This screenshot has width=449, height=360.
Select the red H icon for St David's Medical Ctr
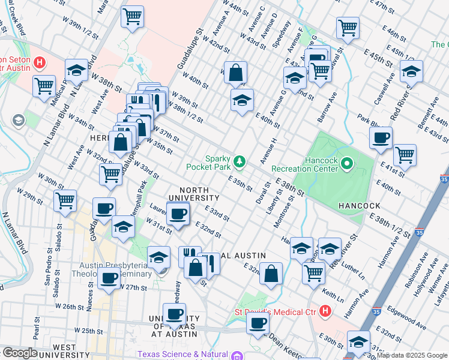[x=325, y=311]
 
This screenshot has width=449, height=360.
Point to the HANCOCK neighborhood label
[x=360, y=205]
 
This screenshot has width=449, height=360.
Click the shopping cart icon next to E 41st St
[x=405, y=155]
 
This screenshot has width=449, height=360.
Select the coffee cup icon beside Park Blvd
[x=381, y=138]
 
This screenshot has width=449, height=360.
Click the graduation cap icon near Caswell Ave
[x=411, y=71]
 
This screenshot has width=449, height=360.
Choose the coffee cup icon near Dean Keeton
[x=259, y=323]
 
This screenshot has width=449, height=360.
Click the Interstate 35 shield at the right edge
[x=444, y=178]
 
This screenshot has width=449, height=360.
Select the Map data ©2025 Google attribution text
[x=412, y=355]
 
